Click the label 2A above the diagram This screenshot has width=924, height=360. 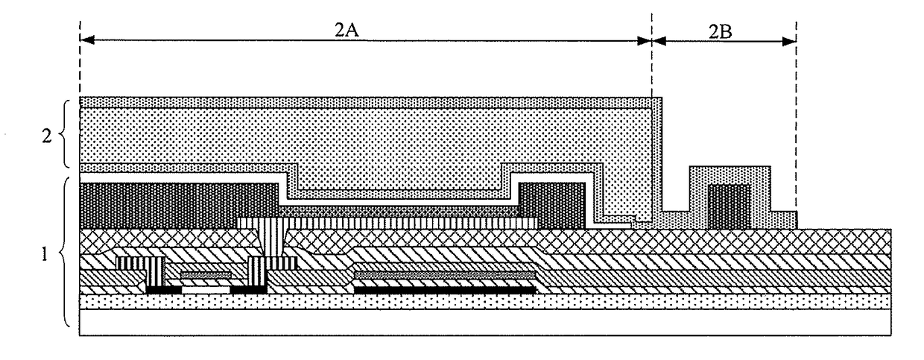(346, 30)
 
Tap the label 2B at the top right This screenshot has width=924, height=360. (721, 32)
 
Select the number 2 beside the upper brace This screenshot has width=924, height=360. (47, 136)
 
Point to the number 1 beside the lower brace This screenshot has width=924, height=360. (45, 254)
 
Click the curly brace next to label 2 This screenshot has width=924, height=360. (64, 133)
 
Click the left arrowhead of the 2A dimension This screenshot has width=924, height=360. (87, 40)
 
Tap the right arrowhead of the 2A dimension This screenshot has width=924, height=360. (645, 41)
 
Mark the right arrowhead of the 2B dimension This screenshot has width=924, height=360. (789, 41)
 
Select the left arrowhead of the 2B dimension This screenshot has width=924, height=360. (659, 41)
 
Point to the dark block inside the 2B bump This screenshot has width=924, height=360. (729, 206)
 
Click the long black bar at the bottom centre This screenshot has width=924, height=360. (445, 290)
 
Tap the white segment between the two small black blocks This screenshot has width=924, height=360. (206, 290)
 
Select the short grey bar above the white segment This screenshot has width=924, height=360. (206, 274)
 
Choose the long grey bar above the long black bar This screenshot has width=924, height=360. (445, 274)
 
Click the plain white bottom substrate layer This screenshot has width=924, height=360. (485, 323)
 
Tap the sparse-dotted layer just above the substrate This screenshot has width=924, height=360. (485, 302)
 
